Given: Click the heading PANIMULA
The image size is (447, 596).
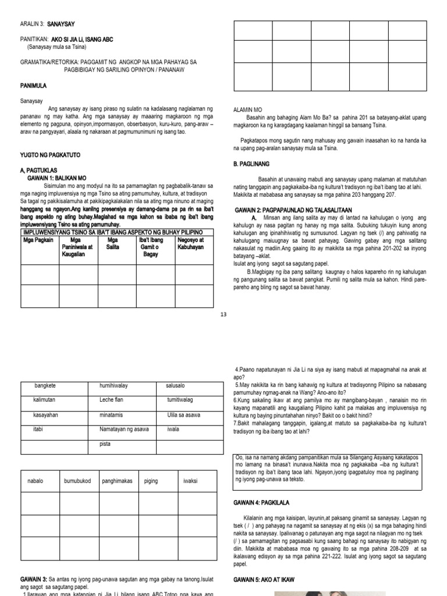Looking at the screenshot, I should (33, 86).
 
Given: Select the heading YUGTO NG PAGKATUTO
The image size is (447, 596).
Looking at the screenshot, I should (50, 154).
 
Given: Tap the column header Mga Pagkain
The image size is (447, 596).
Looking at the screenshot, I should (38, 240).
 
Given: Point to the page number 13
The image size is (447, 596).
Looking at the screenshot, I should (223, 315).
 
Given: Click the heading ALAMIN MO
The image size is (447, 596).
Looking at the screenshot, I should (248, 109).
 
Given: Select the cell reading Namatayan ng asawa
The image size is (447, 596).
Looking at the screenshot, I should (122, 429).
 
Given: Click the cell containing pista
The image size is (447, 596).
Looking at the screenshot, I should (105, 444).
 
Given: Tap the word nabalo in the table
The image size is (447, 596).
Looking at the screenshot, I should (36, 481).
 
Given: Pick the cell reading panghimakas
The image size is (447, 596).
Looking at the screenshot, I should (117, 481).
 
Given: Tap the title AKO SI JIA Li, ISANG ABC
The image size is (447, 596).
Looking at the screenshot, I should (82, 39).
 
